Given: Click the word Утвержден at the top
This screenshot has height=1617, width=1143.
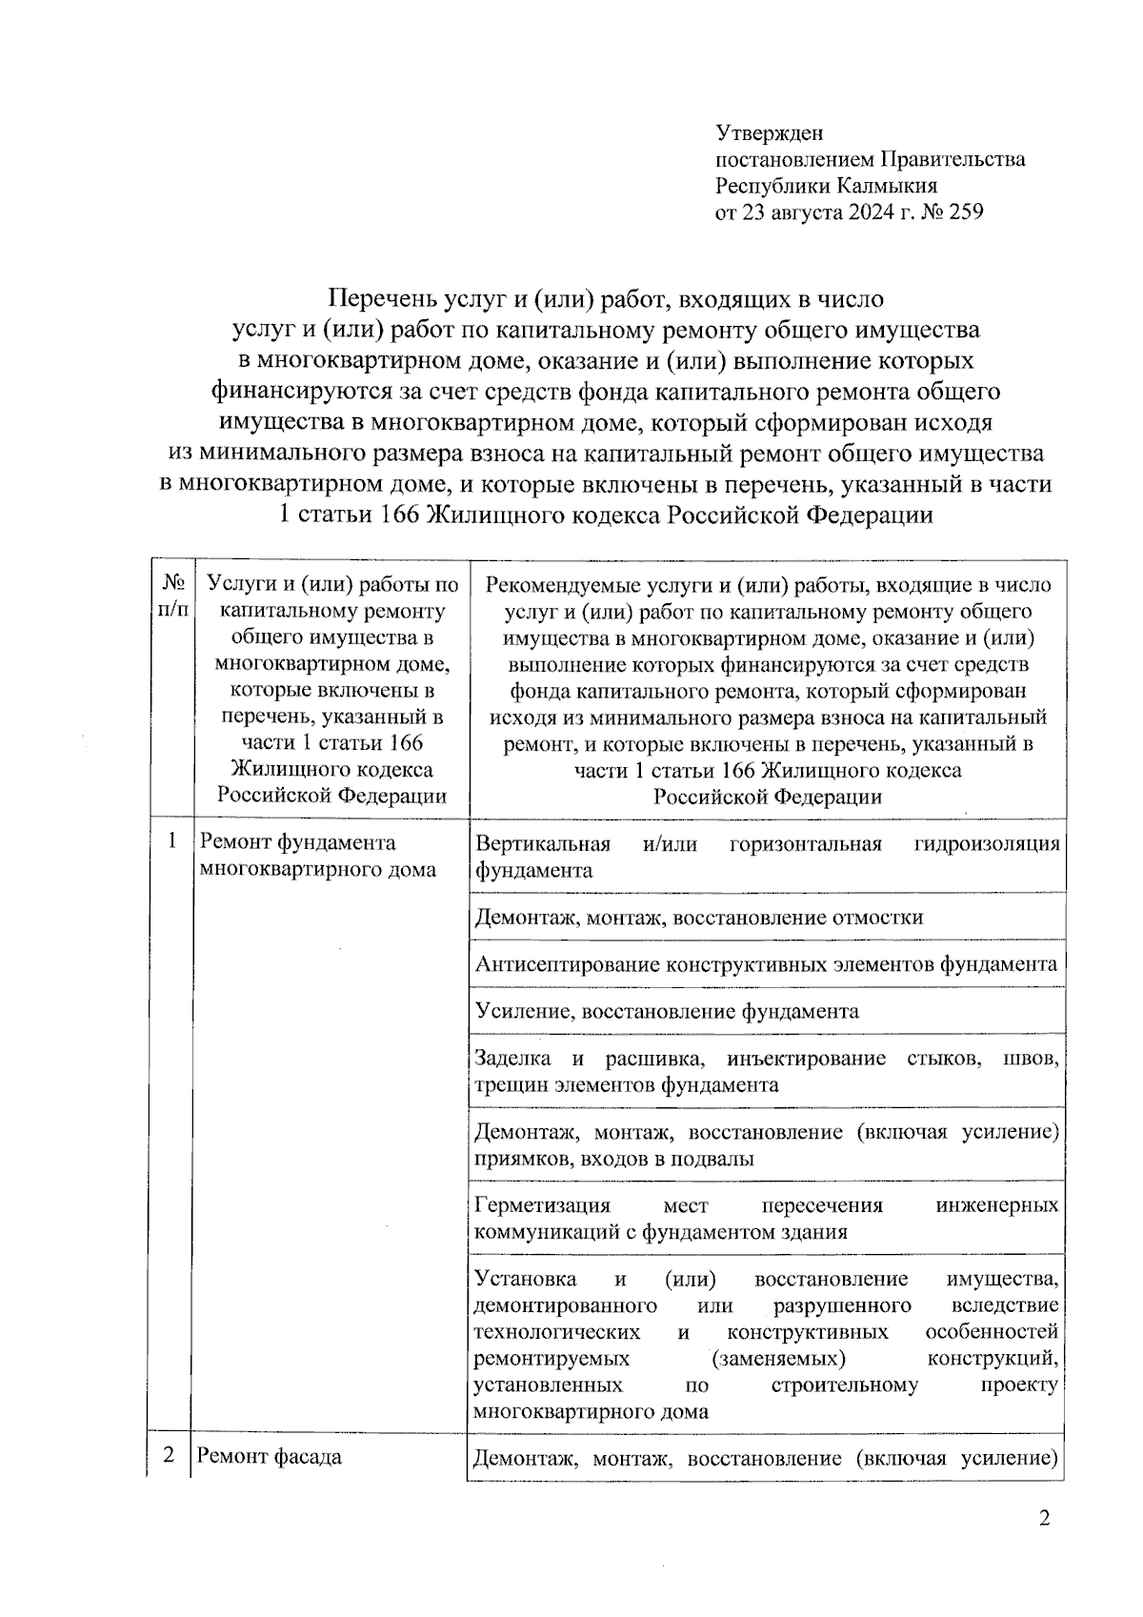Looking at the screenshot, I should (769, 133).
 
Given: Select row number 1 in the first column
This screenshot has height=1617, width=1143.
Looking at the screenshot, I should (171, 840).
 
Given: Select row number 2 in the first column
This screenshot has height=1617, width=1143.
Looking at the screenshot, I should (170, 1456).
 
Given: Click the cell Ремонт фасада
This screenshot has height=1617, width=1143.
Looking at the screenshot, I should (270, 1457).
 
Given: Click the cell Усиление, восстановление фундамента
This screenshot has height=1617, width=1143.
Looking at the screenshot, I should (667, 1011).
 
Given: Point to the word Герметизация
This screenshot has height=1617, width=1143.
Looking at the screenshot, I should (541, 1205).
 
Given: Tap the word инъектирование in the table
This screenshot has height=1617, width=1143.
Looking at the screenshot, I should (805, 1059).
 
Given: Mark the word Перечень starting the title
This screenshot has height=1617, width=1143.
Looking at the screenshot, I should (383, 299).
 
